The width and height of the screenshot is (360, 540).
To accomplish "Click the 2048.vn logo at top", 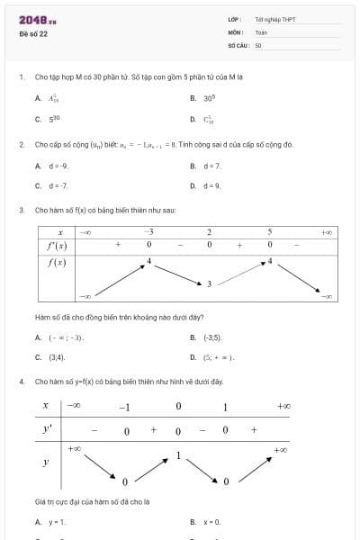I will coord(37,19).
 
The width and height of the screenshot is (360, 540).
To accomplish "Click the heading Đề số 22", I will coord(33,33).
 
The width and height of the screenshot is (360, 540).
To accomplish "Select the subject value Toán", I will coord(261,31).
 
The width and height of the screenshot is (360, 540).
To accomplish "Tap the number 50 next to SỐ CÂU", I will coord(258,44).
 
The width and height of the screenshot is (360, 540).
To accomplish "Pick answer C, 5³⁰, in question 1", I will coord(53,119).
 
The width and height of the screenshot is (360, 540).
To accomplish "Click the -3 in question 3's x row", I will coord(148,231).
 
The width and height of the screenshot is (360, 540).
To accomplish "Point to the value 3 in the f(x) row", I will coord(209,283).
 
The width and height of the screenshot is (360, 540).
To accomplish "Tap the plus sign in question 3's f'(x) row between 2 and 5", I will coord(239,244).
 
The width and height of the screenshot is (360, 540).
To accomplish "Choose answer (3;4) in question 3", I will coord(58,357).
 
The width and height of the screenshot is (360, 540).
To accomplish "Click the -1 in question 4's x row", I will coord(125,407).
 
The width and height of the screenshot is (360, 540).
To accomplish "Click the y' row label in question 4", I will coord(47,429).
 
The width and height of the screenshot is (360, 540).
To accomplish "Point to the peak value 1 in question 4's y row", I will coord(178,455).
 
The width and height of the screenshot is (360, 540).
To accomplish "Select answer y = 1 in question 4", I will coord(57,522).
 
